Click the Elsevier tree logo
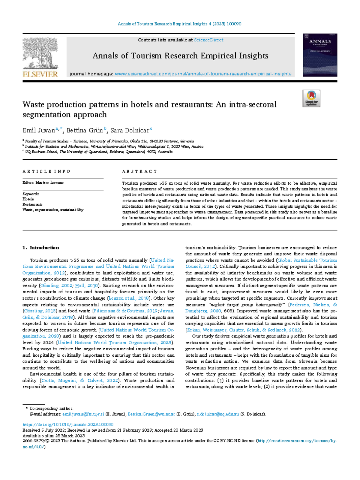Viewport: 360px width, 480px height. coord(40,54)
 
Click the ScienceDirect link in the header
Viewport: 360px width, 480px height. coord(208,40)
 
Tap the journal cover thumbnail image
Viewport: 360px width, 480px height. coord(320,55)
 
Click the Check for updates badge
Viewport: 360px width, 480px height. coord(311,98)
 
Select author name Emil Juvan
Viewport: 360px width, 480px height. coord(39,131)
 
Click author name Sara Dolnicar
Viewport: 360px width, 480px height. coord(130,131)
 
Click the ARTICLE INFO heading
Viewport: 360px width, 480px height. coord(46,172)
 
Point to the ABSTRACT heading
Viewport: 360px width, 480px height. coord(139,172)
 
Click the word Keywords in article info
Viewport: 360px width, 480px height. coord(31,194)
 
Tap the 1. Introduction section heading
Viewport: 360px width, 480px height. coord(41,248)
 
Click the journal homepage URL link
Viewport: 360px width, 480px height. coord(203,74)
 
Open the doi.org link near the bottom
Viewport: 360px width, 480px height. coord(68,424)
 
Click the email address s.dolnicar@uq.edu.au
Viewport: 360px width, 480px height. coord(218,414)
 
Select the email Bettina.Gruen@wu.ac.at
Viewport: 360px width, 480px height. coord(151,414)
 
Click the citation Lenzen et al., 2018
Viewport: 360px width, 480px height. coord(129,298)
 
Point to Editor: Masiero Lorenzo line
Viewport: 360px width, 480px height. coord(43,183)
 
